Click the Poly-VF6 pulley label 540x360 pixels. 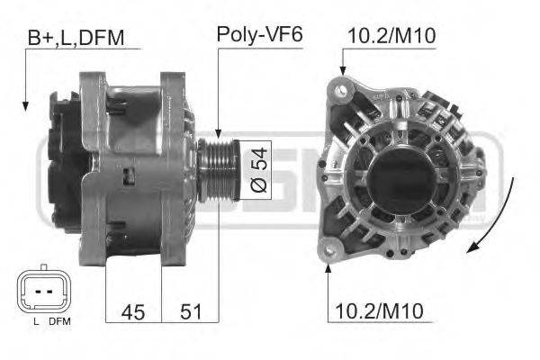(259, 37)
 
